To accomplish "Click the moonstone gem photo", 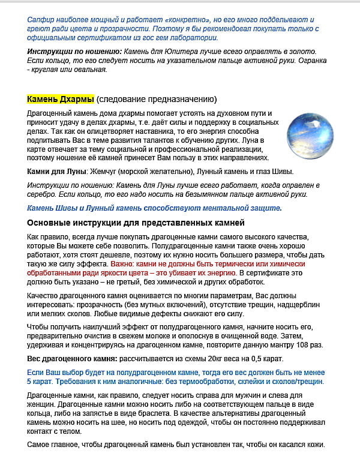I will [x=310, y=136].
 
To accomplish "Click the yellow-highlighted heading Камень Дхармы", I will [x=61, y=99].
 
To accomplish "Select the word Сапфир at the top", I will [x=40, y=20].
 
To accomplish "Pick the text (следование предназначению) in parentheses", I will [x=157, y=99].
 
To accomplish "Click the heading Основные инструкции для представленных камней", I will [x=136, y=223].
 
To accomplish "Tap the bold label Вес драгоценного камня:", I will [x=72, y=359].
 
